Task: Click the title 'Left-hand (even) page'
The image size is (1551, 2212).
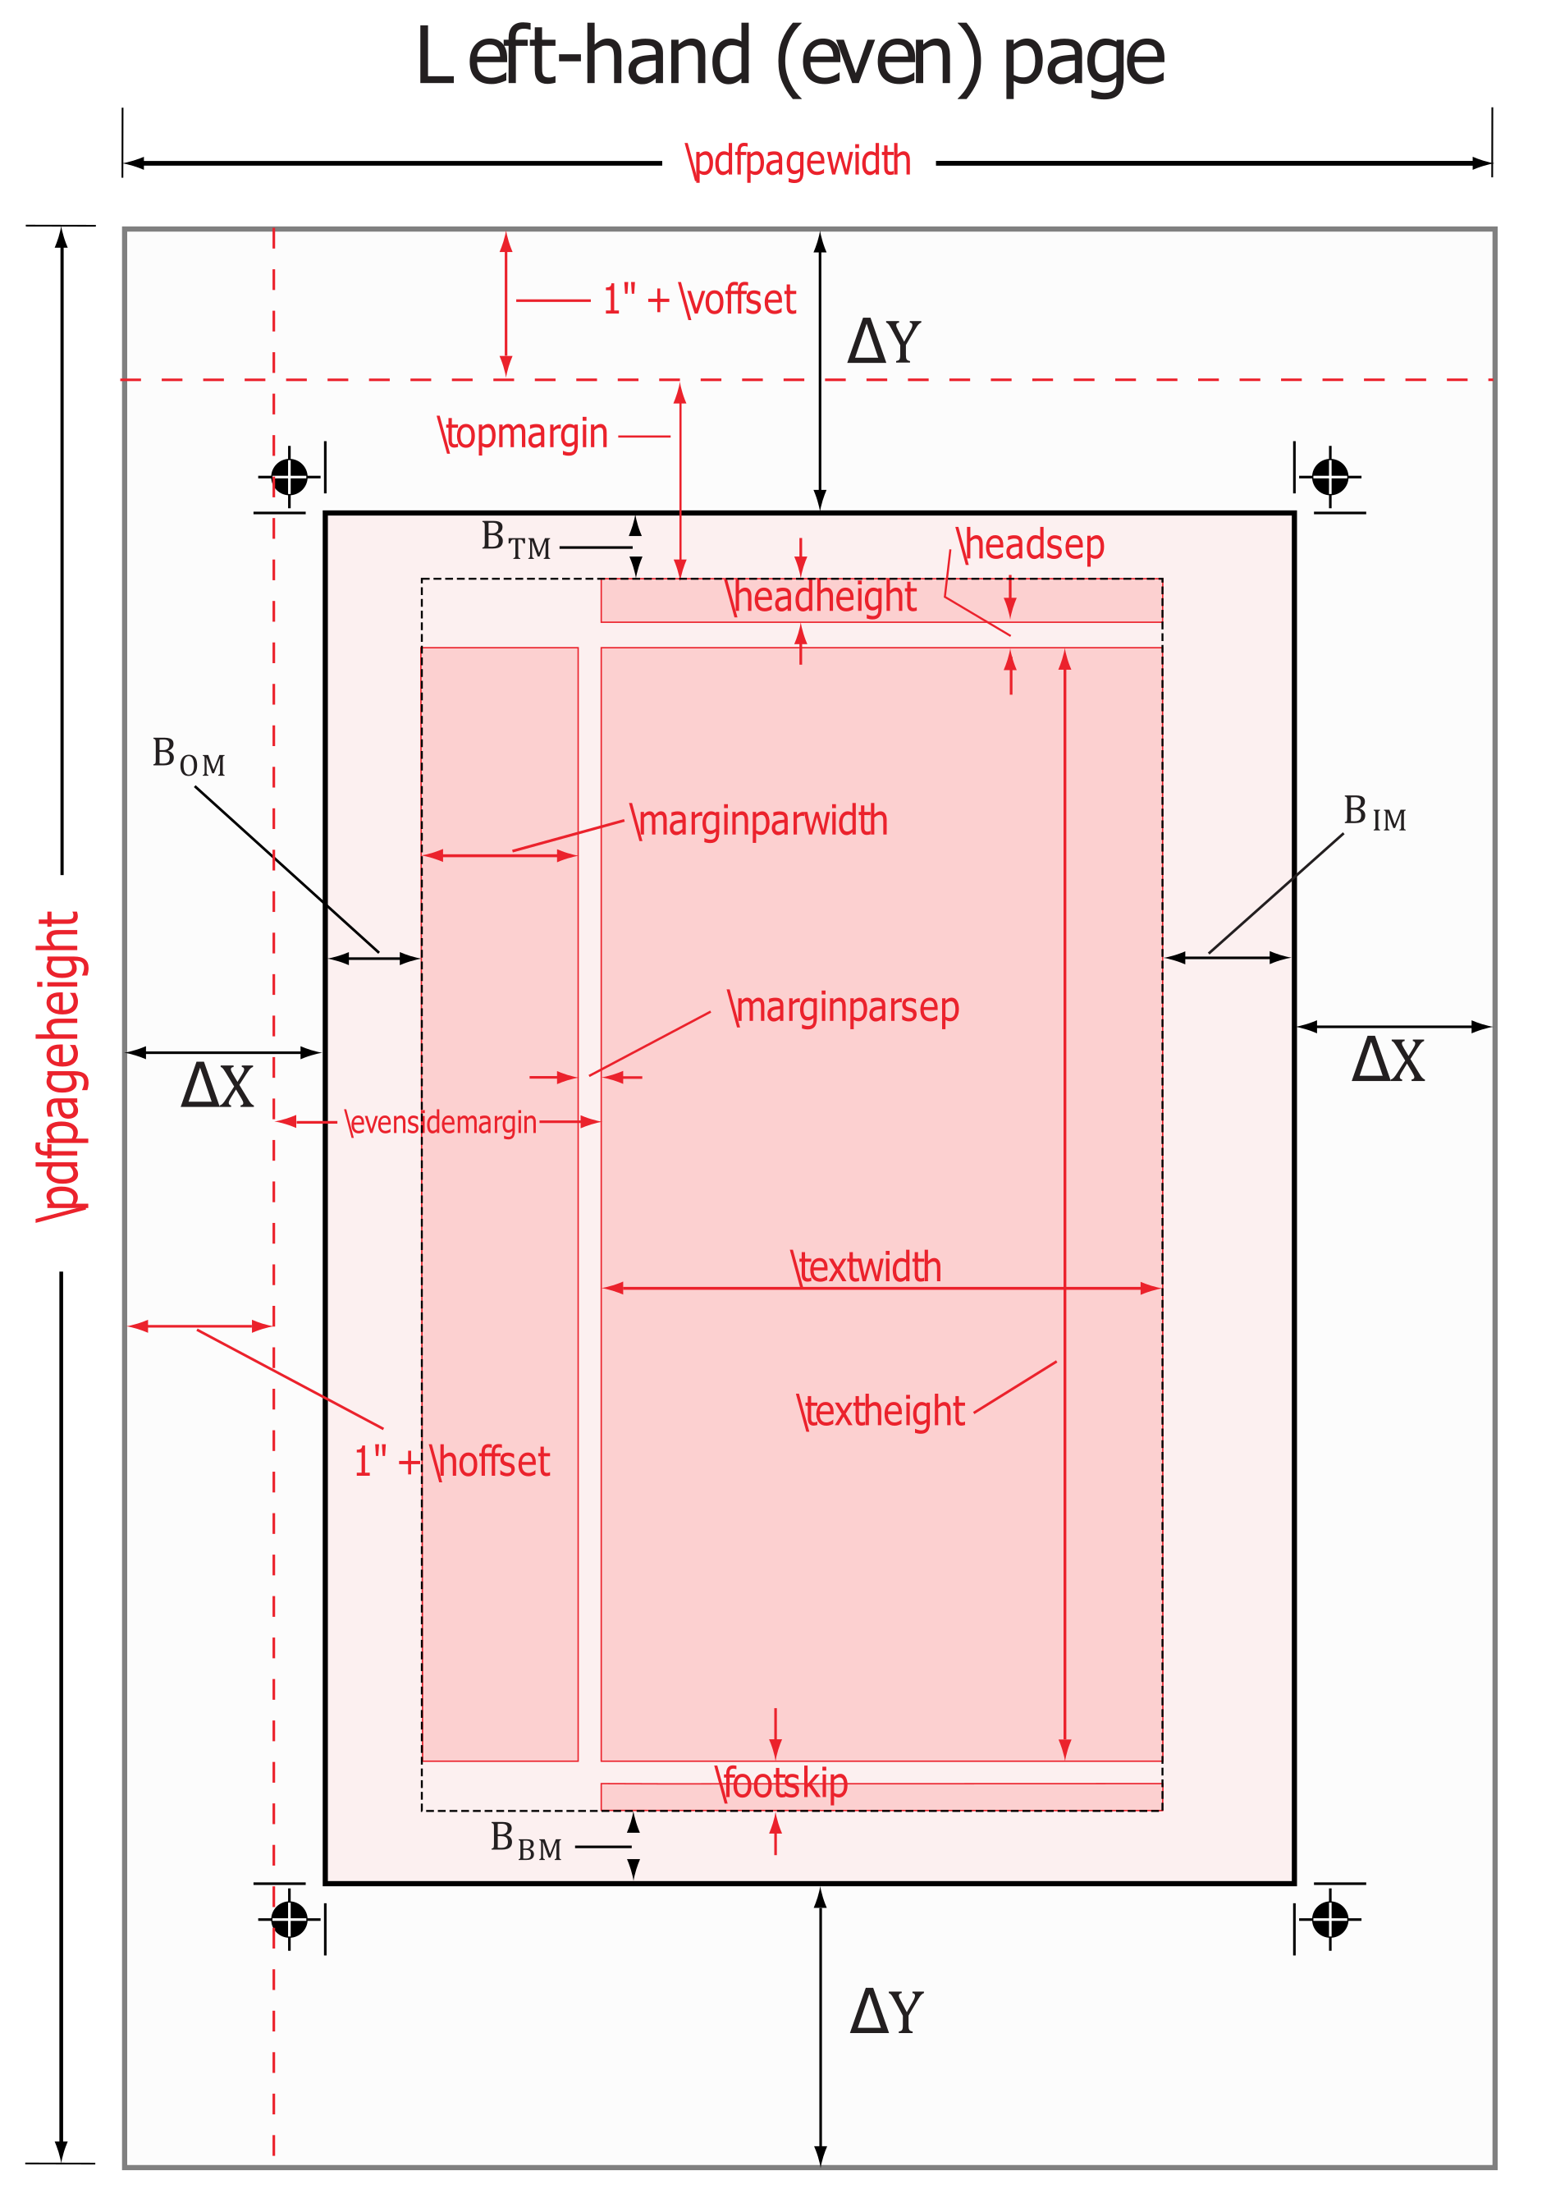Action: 790,60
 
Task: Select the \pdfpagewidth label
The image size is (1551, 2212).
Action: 798,161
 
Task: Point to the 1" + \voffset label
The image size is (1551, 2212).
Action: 699,300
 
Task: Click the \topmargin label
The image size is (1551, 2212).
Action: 523,434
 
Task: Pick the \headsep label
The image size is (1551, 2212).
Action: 1030,545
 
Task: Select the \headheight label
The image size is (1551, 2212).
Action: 821,598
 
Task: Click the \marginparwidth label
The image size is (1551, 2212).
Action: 759,821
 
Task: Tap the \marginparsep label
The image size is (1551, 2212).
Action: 844,1008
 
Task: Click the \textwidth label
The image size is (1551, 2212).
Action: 866,1267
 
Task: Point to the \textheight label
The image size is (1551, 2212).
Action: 881,1412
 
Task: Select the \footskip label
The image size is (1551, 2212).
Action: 781,1784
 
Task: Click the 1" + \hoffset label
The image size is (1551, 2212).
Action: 452,1462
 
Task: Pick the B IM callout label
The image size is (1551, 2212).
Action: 1375,813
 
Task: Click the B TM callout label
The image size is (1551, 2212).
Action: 515,539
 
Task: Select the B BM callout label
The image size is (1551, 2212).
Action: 525,1840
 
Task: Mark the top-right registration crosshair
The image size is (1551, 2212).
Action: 1330,476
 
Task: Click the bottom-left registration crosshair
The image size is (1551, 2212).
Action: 289,1919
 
